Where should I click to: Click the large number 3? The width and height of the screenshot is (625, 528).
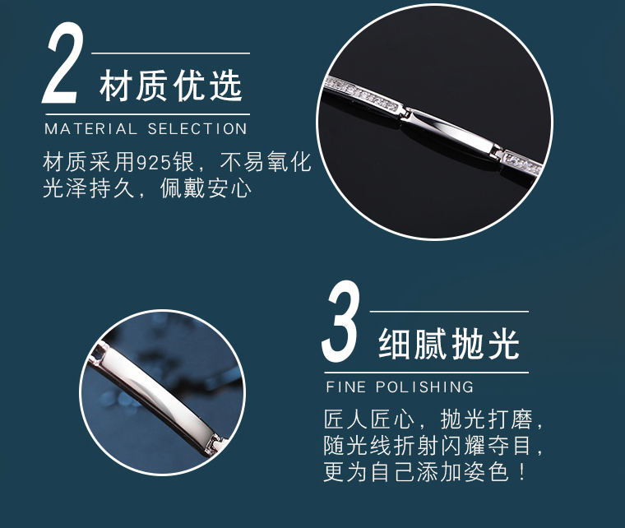point(340,325)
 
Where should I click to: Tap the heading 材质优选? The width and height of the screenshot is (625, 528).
point(171,86)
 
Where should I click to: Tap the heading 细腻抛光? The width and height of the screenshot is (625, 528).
point(450,345)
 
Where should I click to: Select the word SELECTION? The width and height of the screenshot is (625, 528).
point(197,129)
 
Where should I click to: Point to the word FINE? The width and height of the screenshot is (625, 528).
point(345,387)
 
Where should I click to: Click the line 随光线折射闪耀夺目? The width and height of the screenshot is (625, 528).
point(433,447)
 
